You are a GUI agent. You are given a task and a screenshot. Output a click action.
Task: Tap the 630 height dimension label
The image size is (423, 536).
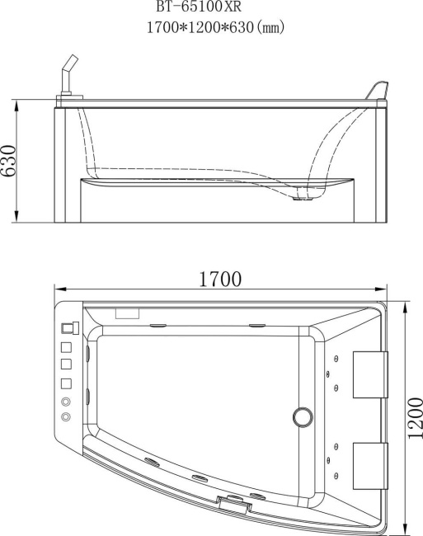click(x=10, y=161)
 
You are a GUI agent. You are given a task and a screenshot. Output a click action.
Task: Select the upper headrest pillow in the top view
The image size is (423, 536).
click(x=369, y=374)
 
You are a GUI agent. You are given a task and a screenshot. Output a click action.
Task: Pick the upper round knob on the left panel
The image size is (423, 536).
click(x=66, y=402)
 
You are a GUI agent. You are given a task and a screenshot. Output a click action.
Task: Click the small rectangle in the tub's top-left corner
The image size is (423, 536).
click(x=127, y=313)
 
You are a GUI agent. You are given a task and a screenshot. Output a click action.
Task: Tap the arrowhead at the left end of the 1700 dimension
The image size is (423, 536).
click(x=58, y=289)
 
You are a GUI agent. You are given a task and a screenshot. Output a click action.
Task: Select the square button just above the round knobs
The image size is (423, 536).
click(x=66, y=383)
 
